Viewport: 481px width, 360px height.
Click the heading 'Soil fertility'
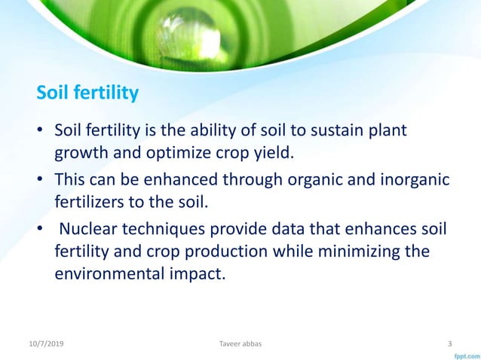pos(88,93)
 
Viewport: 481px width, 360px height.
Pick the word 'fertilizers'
pos(93,203)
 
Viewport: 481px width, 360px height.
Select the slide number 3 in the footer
pos(450,344)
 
